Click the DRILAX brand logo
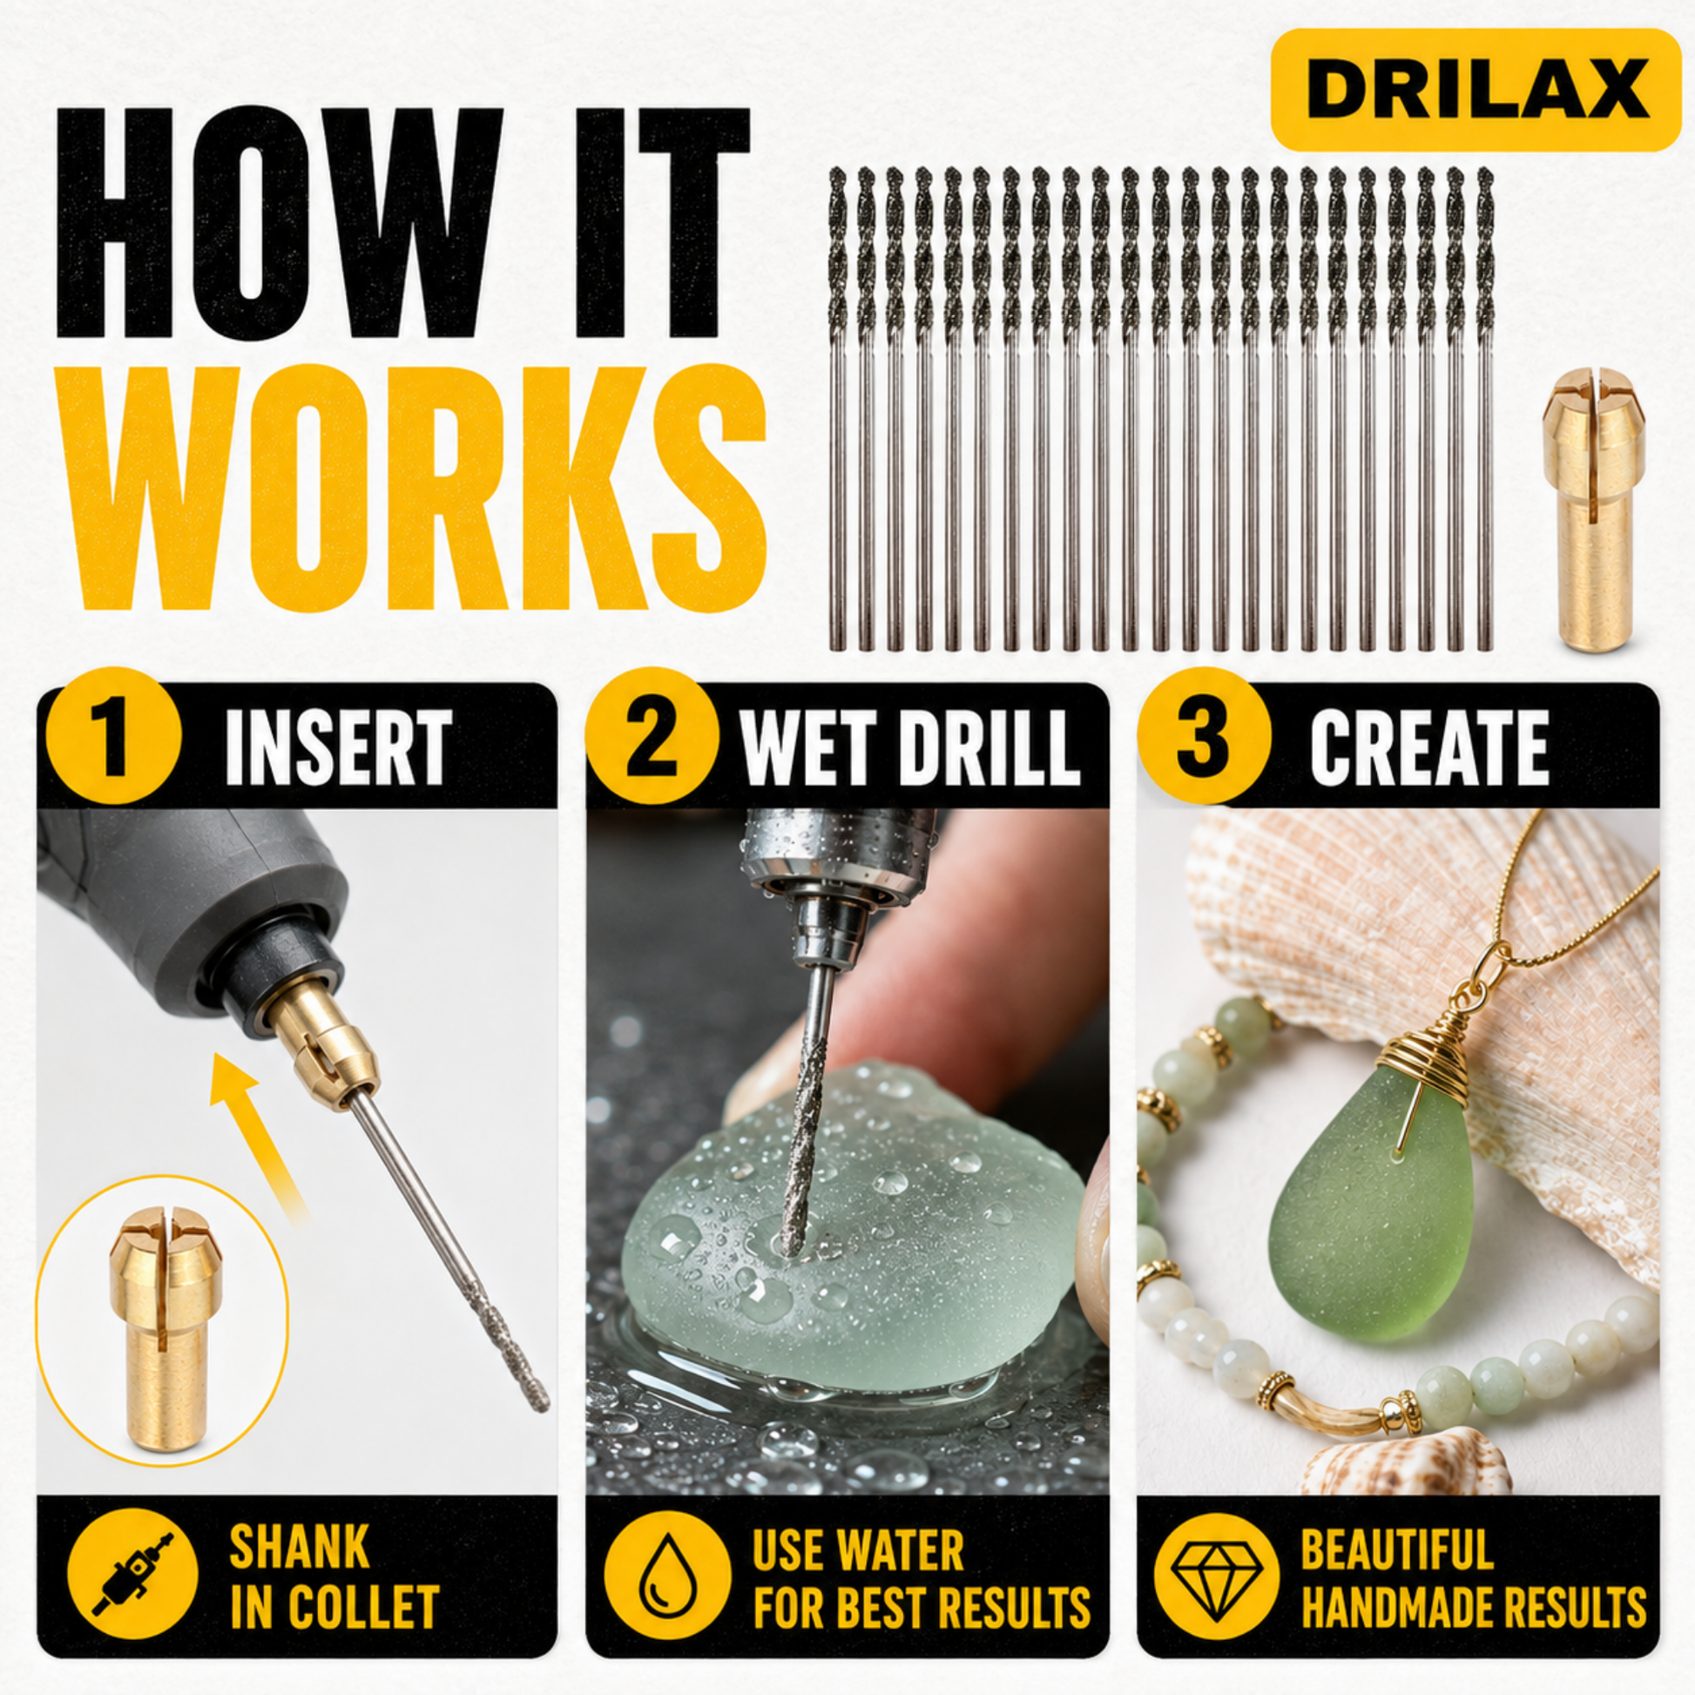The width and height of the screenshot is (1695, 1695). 1463,90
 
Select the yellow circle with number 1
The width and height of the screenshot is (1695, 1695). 113,735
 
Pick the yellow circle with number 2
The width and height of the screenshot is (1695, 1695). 652,735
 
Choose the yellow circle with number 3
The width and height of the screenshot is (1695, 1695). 1204,735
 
